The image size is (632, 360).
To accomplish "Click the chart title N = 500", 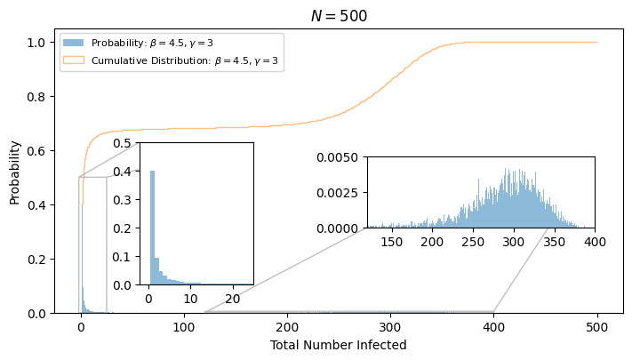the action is click(339, 16).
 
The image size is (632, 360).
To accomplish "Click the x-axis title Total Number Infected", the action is click(338, 345).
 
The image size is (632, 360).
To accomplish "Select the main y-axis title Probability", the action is click(14, 173).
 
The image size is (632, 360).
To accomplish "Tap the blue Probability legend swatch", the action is click(74, 43).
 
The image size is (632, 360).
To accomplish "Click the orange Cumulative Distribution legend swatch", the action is click(74, 60).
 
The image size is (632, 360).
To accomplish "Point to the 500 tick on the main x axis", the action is click(597, 326).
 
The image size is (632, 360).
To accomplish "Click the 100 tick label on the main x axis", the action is click(184, 326).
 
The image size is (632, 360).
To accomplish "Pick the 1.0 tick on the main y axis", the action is click(36, 43).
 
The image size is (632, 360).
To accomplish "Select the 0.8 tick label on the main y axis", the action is click(36, 97).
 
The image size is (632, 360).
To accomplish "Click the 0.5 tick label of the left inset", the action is click(122, 143).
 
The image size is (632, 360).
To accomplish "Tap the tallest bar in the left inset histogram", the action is click(152, 228).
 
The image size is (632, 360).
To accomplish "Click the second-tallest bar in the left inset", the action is click(156, 271).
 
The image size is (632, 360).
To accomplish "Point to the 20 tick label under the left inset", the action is click(233, 299).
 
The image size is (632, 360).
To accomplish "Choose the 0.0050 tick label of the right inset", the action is click(338, 157).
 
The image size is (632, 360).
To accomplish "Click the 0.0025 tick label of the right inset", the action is click(338, 193).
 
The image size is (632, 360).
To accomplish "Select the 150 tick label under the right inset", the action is click(392, 242).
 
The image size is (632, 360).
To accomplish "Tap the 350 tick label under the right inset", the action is click(555, 242).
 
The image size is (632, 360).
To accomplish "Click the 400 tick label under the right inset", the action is click(596, 242).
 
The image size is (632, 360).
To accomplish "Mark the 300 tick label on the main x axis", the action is click(390, 326).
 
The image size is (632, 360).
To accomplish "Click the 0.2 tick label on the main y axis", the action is click(36, 260).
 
